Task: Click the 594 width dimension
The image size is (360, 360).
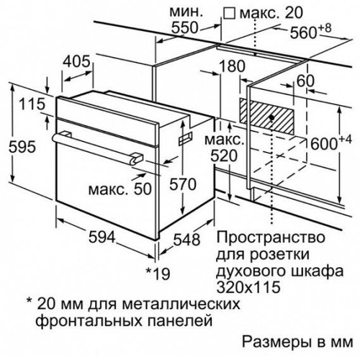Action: [102, 237]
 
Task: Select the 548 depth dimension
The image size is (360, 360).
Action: [186, 239]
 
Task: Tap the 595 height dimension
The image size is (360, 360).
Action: [22, 146]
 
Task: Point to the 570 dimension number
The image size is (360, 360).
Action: [183, 184]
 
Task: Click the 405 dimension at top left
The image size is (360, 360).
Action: [76, 61]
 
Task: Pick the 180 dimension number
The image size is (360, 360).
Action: [232, 66]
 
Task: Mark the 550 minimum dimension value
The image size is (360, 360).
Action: [184, 27]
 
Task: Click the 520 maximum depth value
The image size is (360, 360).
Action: [224, 156]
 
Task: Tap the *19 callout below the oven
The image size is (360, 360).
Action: [158, 274]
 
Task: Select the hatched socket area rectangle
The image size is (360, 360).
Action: [267, 116]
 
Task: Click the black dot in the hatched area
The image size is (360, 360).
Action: [271, 117]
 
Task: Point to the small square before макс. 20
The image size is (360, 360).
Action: [229, 13]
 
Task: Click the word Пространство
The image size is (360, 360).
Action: [271, 238]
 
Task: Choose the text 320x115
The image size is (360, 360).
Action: [248, 287]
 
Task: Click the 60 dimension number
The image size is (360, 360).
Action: [305, 81]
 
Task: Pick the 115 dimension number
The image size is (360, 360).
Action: [32, 104]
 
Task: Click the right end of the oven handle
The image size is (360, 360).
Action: [136, 158]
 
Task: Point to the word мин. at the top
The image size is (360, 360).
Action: [186, 12]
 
